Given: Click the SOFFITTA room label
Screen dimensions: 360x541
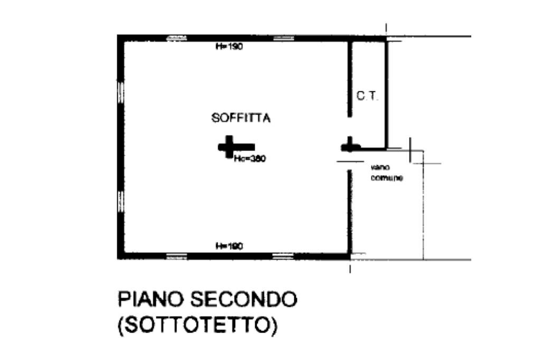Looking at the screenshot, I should [x=241, y=118].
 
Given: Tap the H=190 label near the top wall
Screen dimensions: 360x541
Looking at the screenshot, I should [x=229, y=46].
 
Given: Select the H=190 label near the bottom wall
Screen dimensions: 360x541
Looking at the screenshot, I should [x=229, y=246].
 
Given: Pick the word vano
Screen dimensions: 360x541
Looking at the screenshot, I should [x=378, y=168].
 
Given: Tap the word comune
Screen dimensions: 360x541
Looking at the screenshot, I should [x=387, y=178].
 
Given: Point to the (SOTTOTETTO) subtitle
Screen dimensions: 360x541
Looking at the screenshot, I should [x=197, y=324].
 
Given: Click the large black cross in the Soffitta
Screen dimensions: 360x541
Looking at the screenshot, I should [x=229, y=147].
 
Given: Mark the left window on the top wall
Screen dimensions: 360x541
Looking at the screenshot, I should [x=176, y=37].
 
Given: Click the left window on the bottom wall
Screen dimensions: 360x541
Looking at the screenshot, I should [x=176, y=257].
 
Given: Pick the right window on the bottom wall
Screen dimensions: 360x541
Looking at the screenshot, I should [x=282, y=257].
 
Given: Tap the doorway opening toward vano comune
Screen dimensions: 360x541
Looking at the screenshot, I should [x=349, y=161].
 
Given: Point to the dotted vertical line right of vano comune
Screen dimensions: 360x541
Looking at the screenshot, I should [x=423, y=211].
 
